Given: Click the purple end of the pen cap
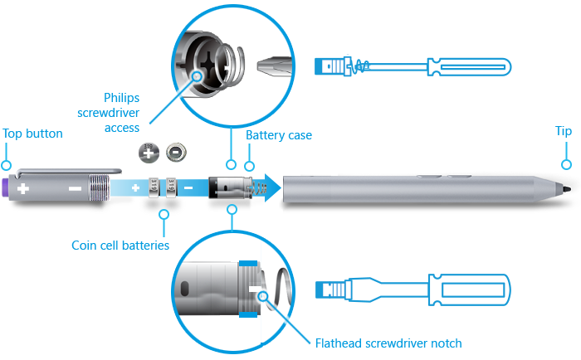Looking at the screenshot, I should coord(6,187).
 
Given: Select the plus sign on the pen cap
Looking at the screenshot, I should coord(23,189).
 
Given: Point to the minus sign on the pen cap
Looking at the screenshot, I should coord(75,189).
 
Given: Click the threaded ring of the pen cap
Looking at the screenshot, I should coord(100,187).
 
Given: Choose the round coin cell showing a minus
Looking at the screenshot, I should coord(176,153).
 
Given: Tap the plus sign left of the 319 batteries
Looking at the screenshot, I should coord(135,188).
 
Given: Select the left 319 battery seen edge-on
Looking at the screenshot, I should coord(154,187).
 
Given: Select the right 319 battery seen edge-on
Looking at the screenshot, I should coord(171,187).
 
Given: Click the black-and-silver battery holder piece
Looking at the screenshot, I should coord(228,187).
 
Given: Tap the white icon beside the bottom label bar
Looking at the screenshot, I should coord(336,289).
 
